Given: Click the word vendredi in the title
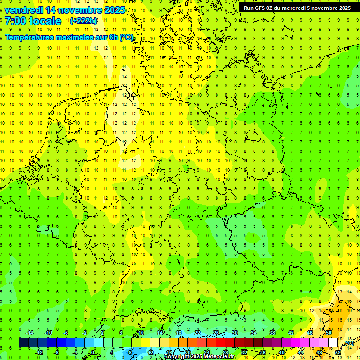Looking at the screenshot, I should coord(23,10).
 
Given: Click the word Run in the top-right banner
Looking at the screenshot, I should coord(248,8).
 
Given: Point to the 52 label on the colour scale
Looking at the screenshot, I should coord(338,352).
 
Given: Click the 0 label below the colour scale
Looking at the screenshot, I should coord(93,352).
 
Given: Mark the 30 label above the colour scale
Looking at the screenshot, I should coord(235,333).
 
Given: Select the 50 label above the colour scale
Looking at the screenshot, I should coord(329,333).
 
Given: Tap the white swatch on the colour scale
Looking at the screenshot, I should coord(333,343).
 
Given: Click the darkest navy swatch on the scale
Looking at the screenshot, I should coord(23,343).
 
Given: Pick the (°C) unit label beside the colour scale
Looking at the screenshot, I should coord(348,343).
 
